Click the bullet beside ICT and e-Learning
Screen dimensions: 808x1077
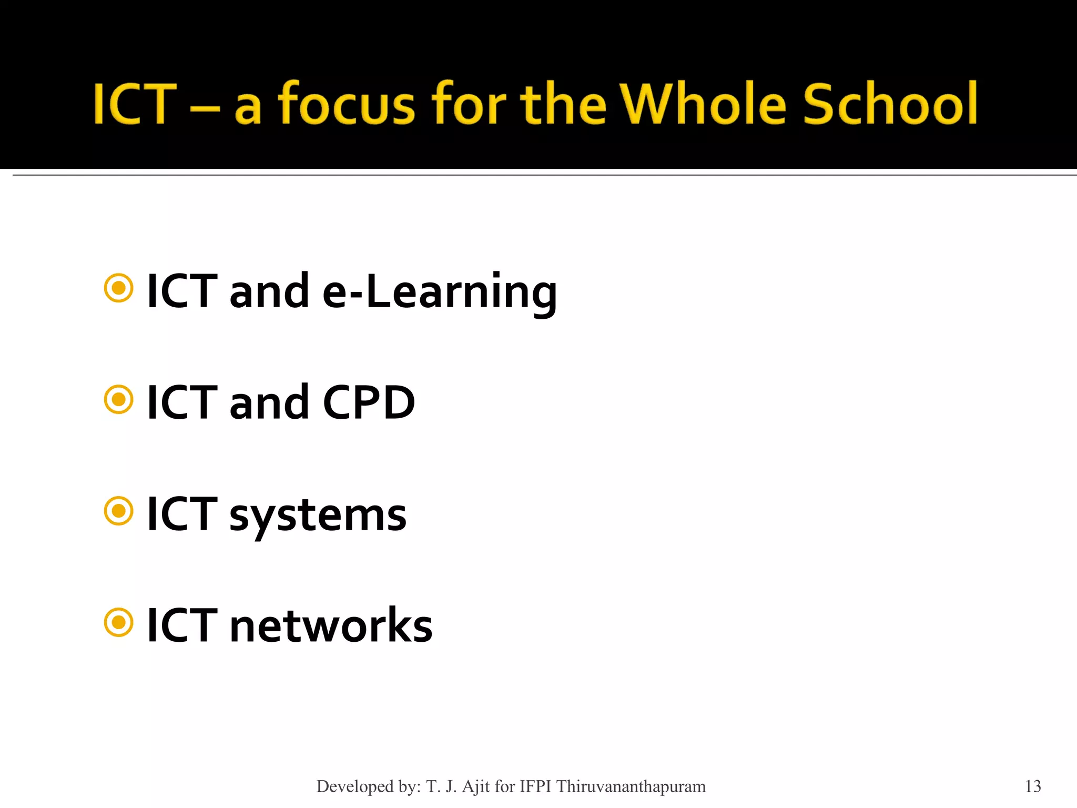click(x=119, y=288)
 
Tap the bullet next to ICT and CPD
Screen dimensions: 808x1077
click(x=119, y=400)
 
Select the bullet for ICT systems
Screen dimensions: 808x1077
click(x=119, y=511)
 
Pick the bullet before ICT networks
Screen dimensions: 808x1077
click(x=119, y=622)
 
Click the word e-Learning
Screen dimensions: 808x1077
click(x=439, y=292)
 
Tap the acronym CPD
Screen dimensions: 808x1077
click(x=369, y=402)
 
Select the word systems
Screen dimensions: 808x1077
click(x=318, y=516)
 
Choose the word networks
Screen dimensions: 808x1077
click(x=331, y=625)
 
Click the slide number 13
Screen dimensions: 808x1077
click(x=1033, y=786)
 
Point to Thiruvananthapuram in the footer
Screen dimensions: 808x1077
click(x=631, y=786)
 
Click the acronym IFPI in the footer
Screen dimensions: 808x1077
click(x=535, y=786)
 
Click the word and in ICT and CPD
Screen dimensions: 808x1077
click(x=269, y=402)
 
